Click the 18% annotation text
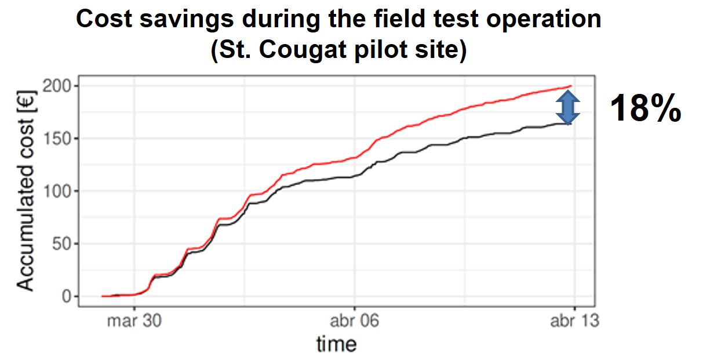(646, 108)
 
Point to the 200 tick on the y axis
(56, 86)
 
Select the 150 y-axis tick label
(56, 139)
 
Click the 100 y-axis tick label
(56, 191)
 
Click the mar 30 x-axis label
(134, 320)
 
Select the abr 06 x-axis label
(354, 320)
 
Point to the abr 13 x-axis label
(573, 320)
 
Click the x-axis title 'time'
(336, 344)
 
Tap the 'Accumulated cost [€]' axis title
(26, 191)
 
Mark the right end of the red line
(571, 86)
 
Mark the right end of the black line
(571, 123)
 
